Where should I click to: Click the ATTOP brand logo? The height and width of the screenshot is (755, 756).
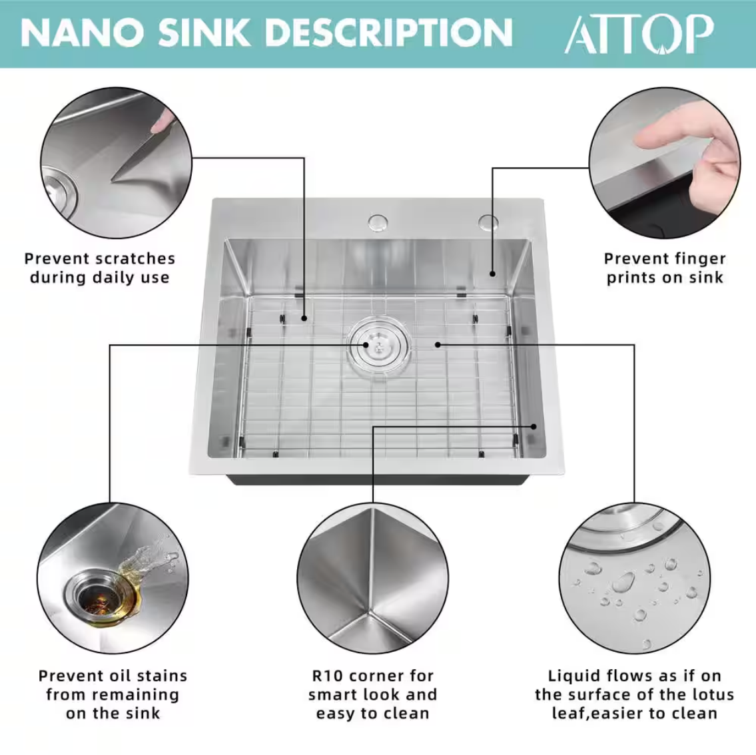coord(639,34)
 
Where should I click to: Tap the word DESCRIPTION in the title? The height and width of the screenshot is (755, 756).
coord(388,33)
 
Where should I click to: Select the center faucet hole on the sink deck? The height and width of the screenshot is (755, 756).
coord(378,222)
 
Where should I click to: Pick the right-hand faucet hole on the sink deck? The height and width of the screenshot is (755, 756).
coord(488,222)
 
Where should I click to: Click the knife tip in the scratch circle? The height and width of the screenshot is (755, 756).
coord(113,180)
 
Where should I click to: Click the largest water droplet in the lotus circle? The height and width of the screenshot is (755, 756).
coord(623,583)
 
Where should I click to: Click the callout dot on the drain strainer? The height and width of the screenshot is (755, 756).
coord(366,344)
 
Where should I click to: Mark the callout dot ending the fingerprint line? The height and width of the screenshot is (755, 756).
coord(492,274)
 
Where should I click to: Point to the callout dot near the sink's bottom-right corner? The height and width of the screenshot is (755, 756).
coord(534,426)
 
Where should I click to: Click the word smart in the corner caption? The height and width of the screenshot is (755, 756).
coord(331,695)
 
